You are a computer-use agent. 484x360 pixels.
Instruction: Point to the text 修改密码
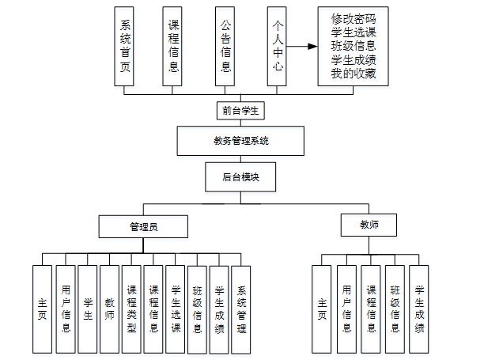(x=354, y=18)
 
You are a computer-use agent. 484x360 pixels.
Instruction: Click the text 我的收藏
(x=354, y=74)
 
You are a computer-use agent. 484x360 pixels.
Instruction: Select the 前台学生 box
(x=240, y=110)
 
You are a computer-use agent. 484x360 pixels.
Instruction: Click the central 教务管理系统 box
(x=241, y=142)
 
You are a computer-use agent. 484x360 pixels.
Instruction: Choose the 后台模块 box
(x=240, y=176)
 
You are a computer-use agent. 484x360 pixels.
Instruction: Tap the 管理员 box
(x=143, y=227)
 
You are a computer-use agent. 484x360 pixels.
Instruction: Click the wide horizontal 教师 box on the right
(x=369, y=225)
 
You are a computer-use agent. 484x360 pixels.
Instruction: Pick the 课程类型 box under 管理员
(x=132, y=309)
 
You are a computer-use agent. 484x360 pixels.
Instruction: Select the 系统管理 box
(x=241, y=309)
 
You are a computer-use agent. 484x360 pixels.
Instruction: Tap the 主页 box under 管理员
(x=42, y=309)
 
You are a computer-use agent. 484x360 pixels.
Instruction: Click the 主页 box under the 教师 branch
(x=321, y=309)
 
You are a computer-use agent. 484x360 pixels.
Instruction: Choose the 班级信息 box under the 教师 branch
(x=395, y=309)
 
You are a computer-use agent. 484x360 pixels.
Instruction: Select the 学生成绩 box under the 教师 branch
(x=419, y=309)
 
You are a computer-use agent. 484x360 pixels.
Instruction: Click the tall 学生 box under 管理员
(x=88, y=309)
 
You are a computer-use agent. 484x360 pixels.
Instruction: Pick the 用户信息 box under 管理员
(x=66, y=309)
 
